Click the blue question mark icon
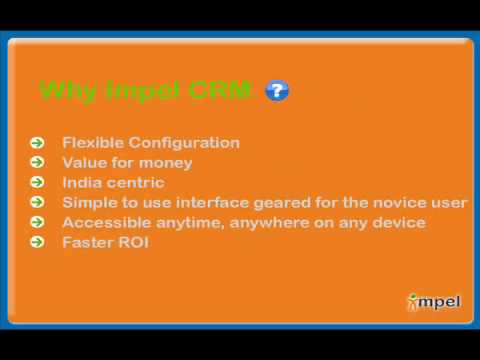click(x=277, y=90)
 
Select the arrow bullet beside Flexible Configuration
click(x=37, y=143)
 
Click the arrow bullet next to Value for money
click(x=37, y=162)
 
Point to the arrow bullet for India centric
click(x=37, y=182)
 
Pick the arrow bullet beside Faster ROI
click(x=37, y=242)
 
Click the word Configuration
click(x=184, y=143)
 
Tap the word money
click(x=166, y=164)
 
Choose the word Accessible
click(x=107, y=222)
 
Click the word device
click(x=399, y=222)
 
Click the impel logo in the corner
click(x=434, y=302)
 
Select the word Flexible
click(x=93, y=143)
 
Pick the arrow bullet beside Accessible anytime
click(x=37, y=222)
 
